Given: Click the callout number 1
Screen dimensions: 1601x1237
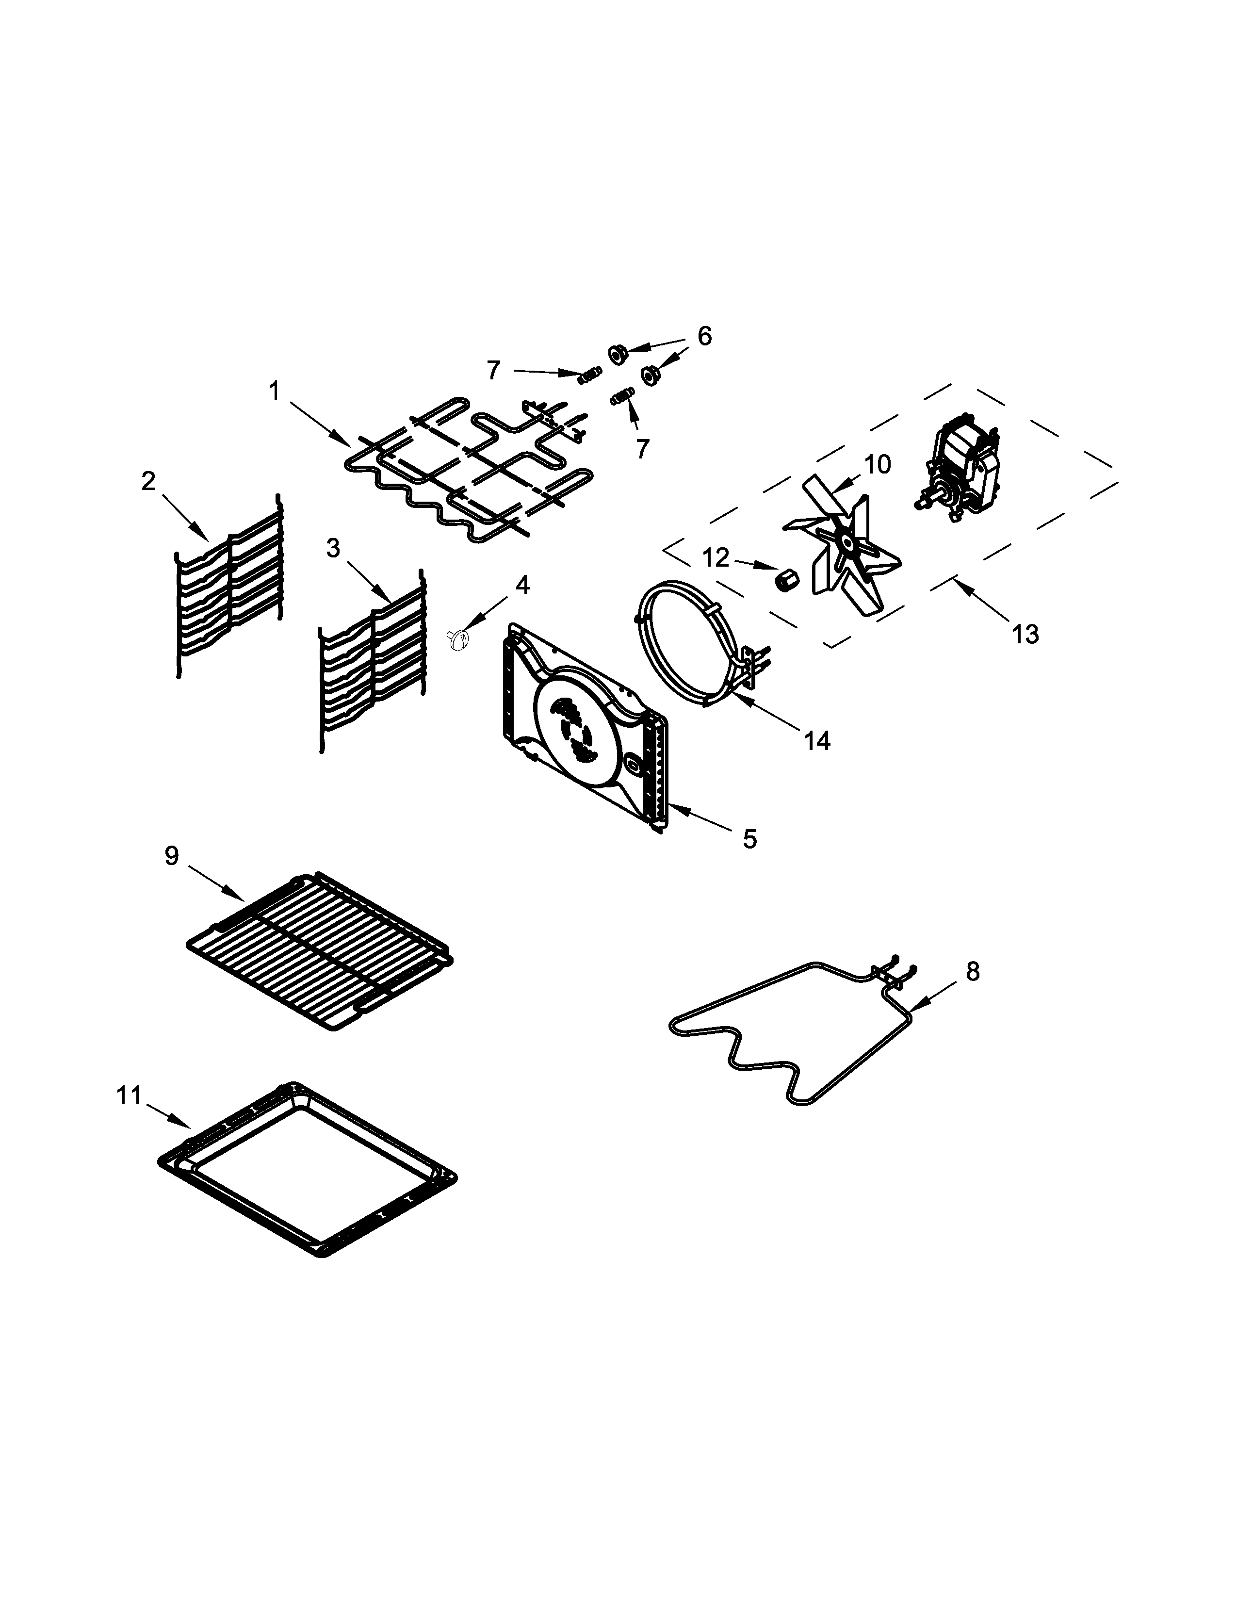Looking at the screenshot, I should pos(274,392).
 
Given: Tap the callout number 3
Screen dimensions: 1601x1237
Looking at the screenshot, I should pos(333,548).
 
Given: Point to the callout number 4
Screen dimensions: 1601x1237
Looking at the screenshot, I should pos(522,585).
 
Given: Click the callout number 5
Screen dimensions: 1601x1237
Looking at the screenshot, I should pos(749,839).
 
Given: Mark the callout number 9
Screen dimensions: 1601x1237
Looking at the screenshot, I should pos(171,855).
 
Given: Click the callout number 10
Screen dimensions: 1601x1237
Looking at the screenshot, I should pos(877,465).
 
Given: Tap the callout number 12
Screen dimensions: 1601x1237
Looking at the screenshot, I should pos(716,558).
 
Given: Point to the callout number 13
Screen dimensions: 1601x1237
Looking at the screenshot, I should pos(1025,634).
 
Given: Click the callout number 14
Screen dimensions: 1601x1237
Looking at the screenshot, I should pos(817,741).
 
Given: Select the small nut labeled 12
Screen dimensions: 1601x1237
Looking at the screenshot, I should pos(785,581).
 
